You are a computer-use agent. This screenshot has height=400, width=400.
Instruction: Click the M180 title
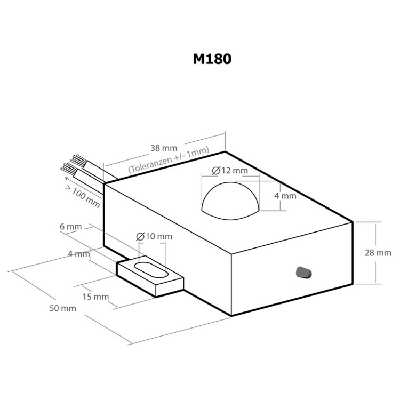click(x=212, y=59)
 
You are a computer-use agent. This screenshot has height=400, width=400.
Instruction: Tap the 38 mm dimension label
click(x=164, y=148)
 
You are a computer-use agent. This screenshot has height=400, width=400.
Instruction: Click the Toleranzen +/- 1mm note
click(x=169, y=159)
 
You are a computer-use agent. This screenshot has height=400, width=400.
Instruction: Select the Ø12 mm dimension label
click(x=230, y=171)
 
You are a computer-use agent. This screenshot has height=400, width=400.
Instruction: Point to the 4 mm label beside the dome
click(x=285, y=196)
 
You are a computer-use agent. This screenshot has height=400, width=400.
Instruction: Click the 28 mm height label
click(x=378, y=253)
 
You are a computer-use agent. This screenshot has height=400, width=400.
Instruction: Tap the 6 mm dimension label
click(x=70, y=227)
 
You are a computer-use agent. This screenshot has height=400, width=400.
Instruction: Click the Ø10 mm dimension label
click(x=154, y=236)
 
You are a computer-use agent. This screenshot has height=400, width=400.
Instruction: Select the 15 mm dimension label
click(x=95, y=297)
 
